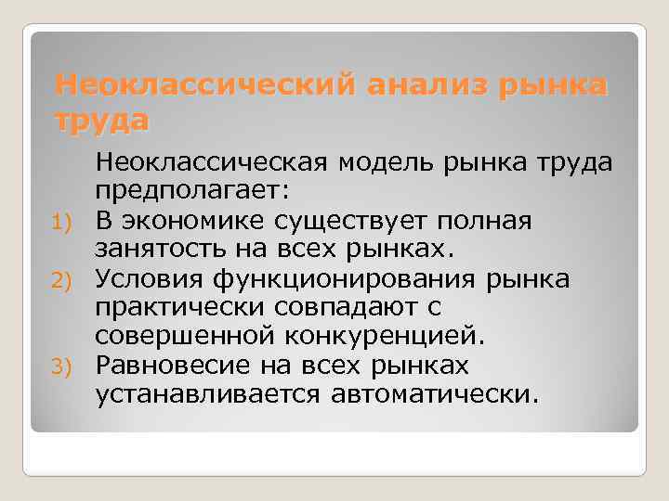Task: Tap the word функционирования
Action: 359,280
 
